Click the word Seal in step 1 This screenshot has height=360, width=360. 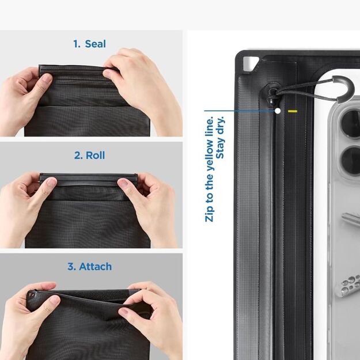95,44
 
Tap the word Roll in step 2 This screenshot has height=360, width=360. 96,156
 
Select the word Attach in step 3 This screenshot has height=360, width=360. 95,267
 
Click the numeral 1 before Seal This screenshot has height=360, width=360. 76,44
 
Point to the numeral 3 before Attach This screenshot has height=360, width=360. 71,267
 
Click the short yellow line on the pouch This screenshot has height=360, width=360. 293,111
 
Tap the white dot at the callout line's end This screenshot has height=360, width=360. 278,111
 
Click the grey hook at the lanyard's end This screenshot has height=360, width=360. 343,86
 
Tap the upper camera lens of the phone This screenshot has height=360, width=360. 351,122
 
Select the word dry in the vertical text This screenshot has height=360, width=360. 222,126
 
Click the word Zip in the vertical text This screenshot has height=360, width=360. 209,211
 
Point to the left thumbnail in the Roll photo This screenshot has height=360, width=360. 50,183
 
